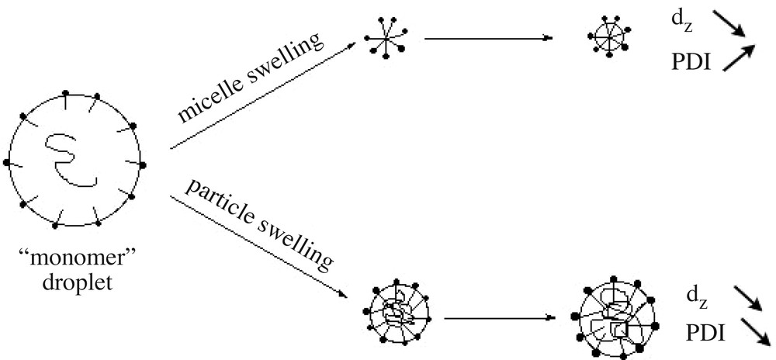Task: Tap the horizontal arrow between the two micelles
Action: pyautogui.click(x=489, y=37)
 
